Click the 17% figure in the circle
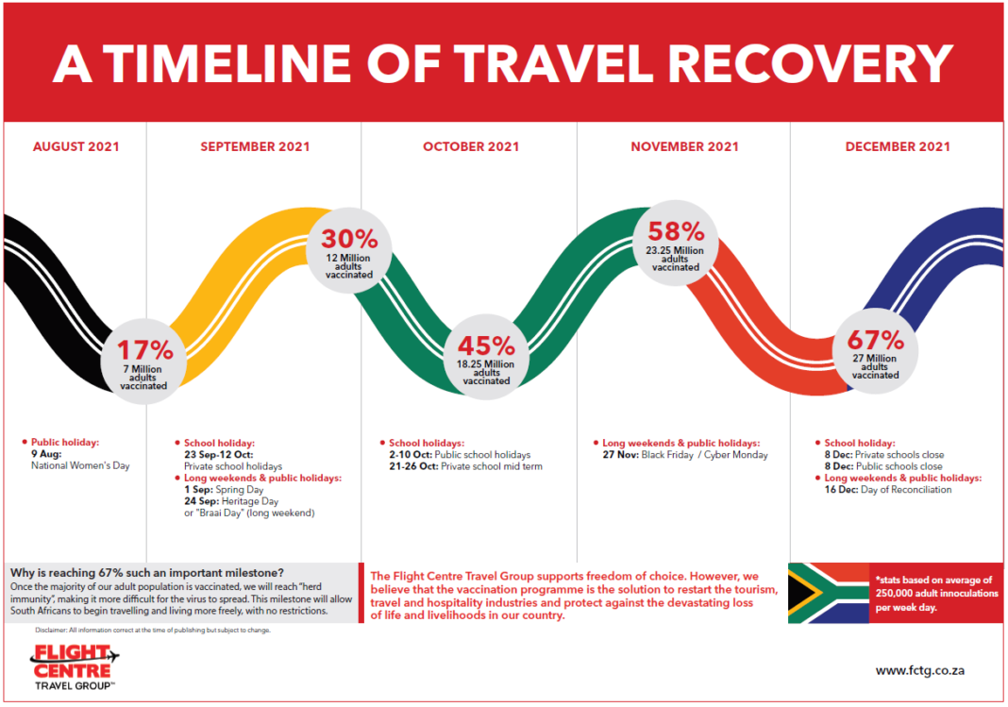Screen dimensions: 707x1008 [145, 350]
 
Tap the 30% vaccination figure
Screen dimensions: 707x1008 [349, 238]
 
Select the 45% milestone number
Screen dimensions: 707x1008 [486, 346]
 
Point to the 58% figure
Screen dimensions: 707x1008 [675, 231]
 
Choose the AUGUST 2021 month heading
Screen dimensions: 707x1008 [76, 146]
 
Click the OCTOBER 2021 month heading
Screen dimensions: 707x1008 [471, 146]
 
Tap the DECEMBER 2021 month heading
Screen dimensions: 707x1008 [898, 146]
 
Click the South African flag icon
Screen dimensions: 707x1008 [828, 593]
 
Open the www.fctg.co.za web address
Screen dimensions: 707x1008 [920, 671]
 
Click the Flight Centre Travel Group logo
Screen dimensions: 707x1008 [75, 666]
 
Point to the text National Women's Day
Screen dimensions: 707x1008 [80, 465]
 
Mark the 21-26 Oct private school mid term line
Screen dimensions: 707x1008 [465, 466]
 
